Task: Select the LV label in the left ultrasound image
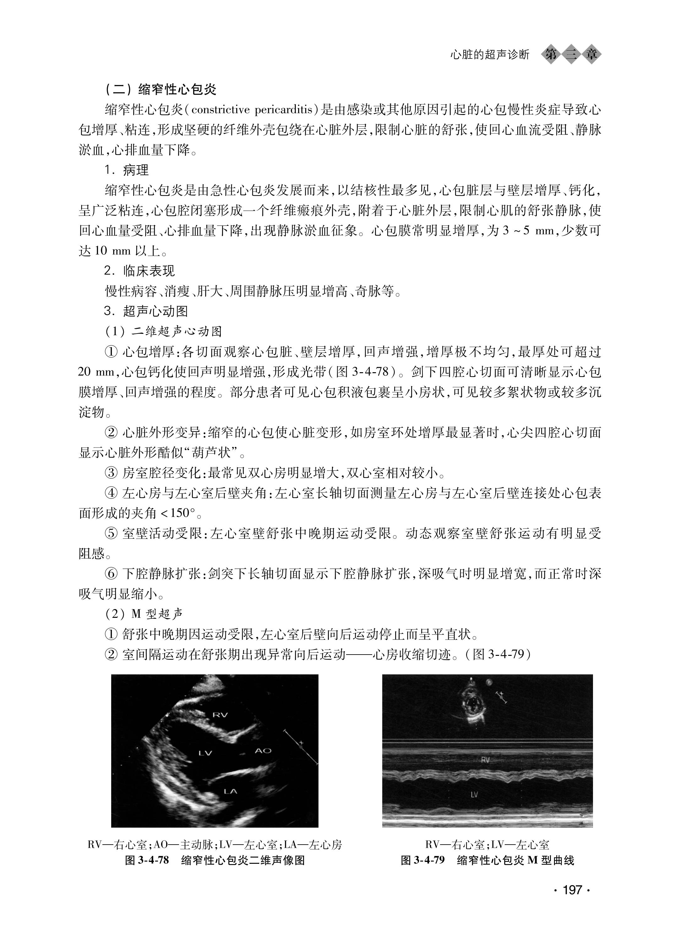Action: point(205,753)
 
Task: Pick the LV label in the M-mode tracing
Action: point(474,795)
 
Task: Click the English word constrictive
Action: point(220,110)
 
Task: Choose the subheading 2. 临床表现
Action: point(139,271)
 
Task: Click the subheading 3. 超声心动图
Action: point(146,312)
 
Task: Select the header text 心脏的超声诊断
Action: point(489,55)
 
